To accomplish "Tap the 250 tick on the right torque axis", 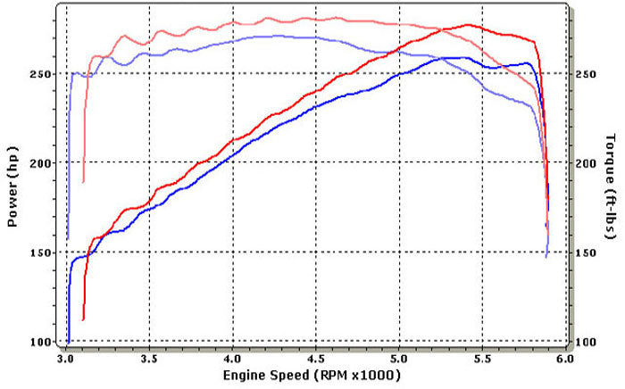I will pos(585,74).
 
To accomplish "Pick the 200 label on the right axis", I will pos(585,163).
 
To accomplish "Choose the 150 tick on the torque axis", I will pos(585,252).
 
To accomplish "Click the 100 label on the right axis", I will pos(585,342).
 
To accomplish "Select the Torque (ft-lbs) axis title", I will pos(612,186).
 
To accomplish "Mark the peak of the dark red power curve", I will pos(468,25).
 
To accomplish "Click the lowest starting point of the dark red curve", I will pos(83,319).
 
